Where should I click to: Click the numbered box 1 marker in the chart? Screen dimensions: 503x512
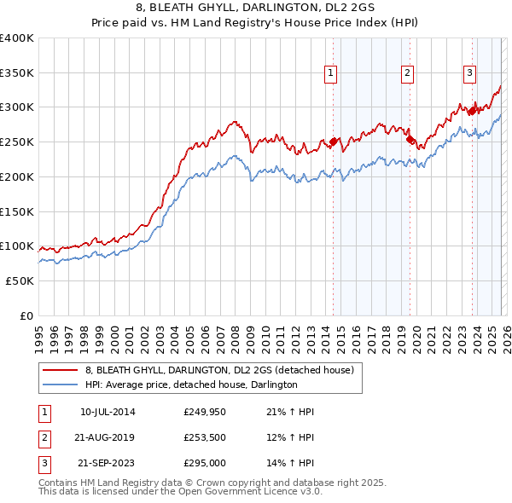coord(330,74)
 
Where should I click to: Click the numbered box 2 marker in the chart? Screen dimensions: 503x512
coord(408,74)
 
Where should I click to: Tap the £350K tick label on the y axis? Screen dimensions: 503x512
coord(17,72)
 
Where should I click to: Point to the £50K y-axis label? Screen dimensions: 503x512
coord(20,280)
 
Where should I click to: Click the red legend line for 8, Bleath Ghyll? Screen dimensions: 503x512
coord(61,370)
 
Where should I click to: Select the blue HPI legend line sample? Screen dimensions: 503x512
coord(61,385)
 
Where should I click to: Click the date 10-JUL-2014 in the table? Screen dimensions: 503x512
coord(107,412)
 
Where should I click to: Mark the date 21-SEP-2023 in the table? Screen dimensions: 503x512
coord(107,465)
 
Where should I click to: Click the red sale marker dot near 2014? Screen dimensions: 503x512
coord(333,142)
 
